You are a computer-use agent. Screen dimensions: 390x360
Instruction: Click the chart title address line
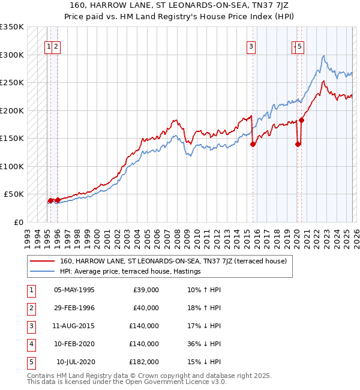coord(180,5)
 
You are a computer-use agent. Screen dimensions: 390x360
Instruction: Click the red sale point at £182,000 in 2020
coord(302,120)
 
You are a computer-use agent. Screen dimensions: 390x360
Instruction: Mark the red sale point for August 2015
coord(253,144)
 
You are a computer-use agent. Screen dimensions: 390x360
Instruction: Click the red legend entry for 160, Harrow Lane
coord(173,261)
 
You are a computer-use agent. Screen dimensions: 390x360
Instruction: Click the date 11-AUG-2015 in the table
coord(74,326)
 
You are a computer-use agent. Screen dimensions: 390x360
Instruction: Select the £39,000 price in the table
coord(146,290)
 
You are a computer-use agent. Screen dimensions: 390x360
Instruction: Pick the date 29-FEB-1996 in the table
coord(74,308)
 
